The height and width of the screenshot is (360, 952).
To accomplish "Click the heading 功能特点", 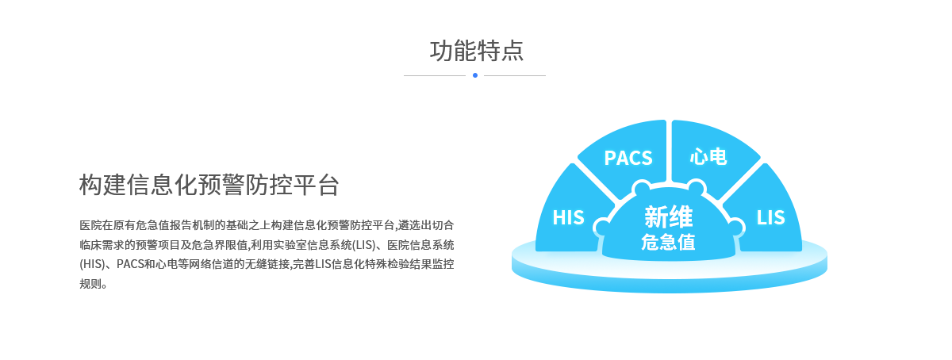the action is pos(477,51).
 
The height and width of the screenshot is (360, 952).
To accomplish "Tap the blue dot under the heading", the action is pos(475,75).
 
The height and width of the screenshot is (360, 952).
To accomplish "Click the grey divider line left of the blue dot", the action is pos(435,75).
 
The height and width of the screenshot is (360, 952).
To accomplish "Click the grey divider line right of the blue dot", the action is pos(515,75).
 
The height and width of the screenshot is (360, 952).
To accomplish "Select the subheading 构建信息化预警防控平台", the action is pos(209,185).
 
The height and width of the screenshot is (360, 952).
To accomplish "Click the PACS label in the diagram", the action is pos(628,158).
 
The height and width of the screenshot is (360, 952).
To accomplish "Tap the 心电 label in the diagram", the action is pos(708,157).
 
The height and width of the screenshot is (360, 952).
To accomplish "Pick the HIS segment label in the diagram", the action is pos(568,217).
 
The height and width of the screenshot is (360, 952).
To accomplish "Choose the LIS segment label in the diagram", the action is pos(770,217).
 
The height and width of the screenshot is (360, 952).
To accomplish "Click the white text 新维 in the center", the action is pos(669,216).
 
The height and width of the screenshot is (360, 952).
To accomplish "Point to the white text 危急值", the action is pos(668,243).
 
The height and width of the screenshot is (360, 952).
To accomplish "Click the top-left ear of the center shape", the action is pos(642,188).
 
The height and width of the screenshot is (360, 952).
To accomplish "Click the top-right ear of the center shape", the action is pos(697,188).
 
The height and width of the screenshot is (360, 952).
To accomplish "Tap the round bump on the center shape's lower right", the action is pos(735,227).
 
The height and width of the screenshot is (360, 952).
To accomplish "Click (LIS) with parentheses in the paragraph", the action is pos(364,245).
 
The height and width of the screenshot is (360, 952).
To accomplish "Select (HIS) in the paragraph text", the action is pos(92,264).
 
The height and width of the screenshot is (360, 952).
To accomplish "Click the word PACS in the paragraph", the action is pos(130,264).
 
